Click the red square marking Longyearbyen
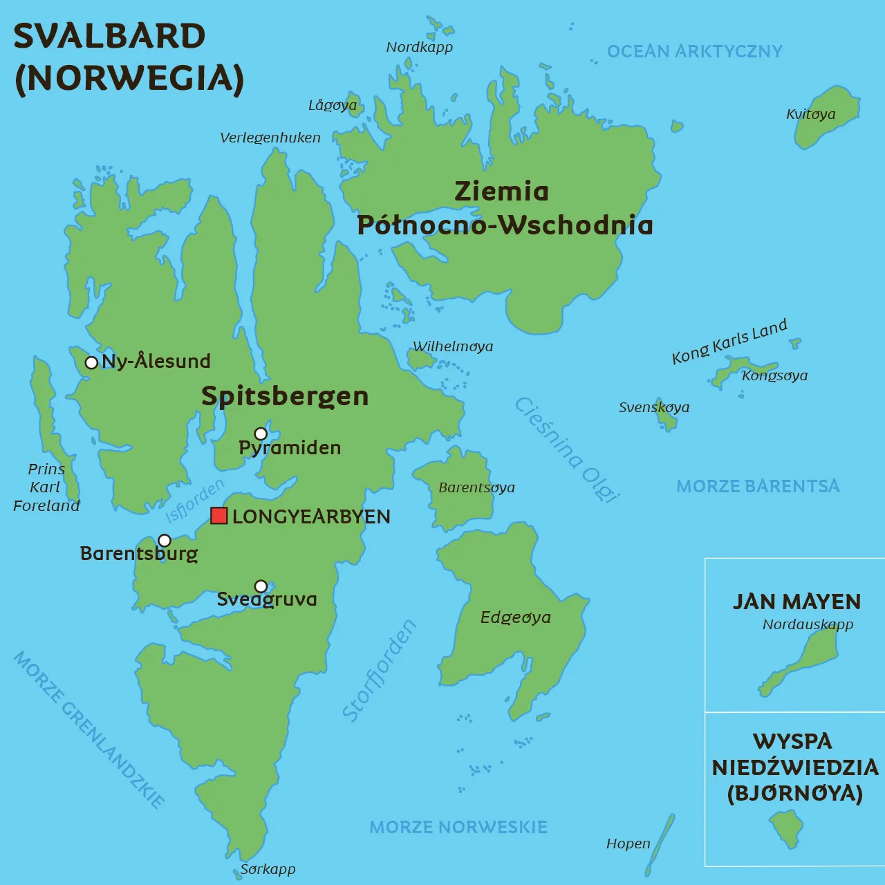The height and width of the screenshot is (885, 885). (x=219, y=516)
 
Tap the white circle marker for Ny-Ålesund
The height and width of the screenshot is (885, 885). (x=91, y=362)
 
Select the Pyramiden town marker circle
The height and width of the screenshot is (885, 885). (x=261, y=434)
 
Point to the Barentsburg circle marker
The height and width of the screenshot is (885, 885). (x=165, y=540)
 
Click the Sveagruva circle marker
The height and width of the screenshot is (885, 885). (x=261, y=586)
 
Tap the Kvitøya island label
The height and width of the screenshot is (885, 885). (x=810, y=114)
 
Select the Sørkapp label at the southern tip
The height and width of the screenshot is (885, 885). (x=268, y=869)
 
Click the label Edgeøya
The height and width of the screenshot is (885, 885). (x=515, y=617)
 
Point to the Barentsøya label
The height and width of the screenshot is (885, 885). (x=476, y=487)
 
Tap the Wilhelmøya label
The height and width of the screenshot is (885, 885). (x=453, y=346)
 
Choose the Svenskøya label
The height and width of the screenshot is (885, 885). (x=653, y=407)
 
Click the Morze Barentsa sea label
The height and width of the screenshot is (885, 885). (x=758, y=486)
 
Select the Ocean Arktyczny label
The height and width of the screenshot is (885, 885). (x=694, y=51)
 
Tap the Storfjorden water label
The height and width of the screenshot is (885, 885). (x=380, y=671)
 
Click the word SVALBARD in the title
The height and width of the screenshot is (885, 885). (x=109, y=36)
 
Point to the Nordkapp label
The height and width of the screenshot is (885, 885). (x=419, y=47)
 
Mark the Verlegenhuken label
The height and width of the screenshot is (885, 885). (x=270, y=138)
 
